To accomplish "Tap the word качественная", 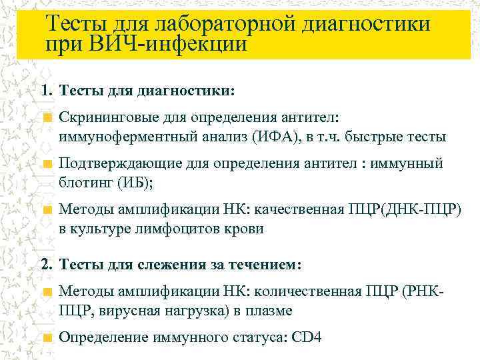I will [x=305, y=209].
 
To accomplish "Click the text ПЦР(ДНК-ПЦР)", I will [x=404, y=209].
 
